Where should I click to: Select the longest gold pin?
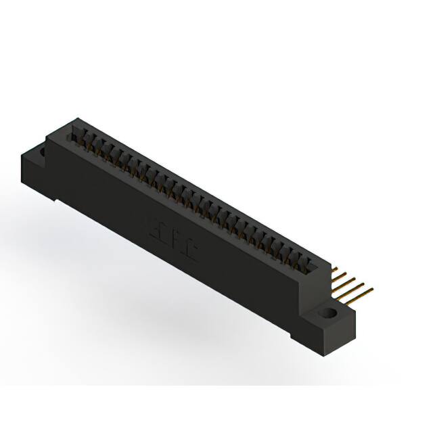[x=359, y=292]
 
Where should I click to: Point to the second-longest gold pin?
[x=354, y=287]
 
